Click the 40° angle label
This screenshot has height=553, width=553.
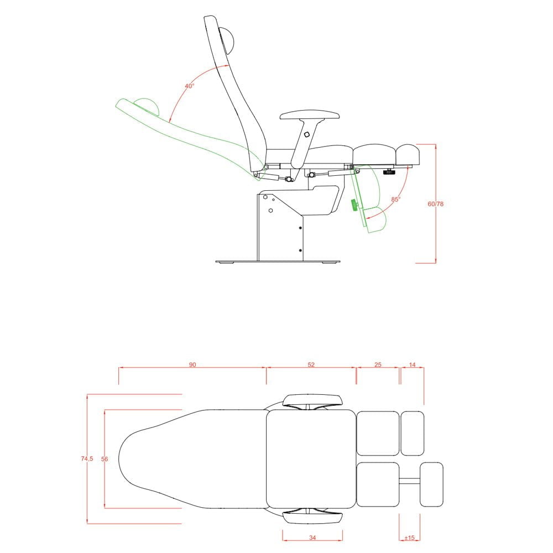(189, 86)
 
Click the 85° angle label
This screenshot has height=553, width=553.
(396, 199)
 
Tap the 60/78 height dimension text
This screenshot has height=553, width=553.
(436, 204)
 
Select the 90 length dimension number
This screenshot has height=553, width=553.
(192, 364)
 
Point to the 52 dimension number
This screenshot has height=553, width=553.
(311, 364)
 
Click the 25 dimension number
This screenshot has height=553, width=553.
(378, 364)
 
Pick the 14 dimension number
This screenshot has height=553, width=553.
(413, 364)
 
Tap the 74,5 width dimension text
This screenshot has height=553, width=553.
(87, 459)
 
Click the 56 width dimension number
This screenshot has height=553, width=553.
(105, 459)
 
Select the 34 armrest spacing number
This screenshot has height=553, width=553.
(312, 538)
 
